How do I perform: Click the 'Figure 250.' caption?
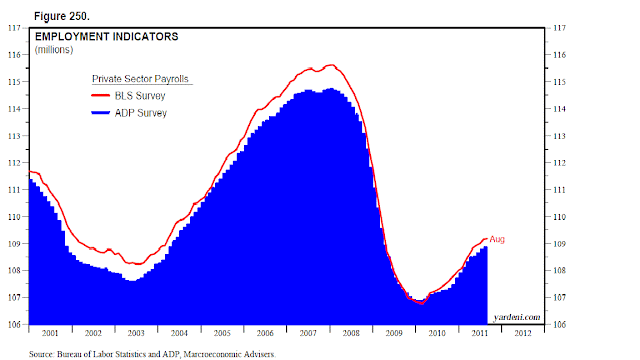click(62, 16)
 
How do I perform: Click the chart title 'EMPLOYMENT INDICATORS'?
click(107, 37)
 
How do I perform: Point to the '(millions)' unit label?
click(54, 50)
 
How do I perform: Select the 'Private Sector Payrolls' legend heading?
click(140, 79)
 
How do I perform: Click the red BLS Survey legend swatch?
click(100, 96)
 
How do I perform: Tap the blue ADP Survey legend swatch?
click(100, 113)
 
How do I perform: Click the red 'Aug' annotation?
click(497, 239)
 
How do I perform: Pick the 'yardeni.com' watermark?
click(517, 317)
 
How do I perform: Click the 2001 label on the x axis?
click(50, 333)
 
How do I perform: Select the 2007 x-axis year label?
click(308, 333)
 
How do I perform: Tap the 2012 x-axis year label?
click(523, 333)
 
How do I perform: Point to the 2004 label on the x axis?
click(179, 333)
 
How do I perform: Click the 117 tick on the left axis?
click(14, 28)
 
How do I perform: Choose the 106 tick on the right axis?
click(560, 325)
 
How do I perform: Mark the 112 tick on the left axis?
click(14, 163)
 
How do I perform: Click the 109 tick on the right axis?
click(560, 244)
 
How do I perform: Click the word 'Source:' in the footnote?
click(42, 354)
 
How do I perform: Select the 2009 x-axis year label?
click(394, 333)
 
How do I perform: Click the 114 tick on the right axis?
click(560, 109)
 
